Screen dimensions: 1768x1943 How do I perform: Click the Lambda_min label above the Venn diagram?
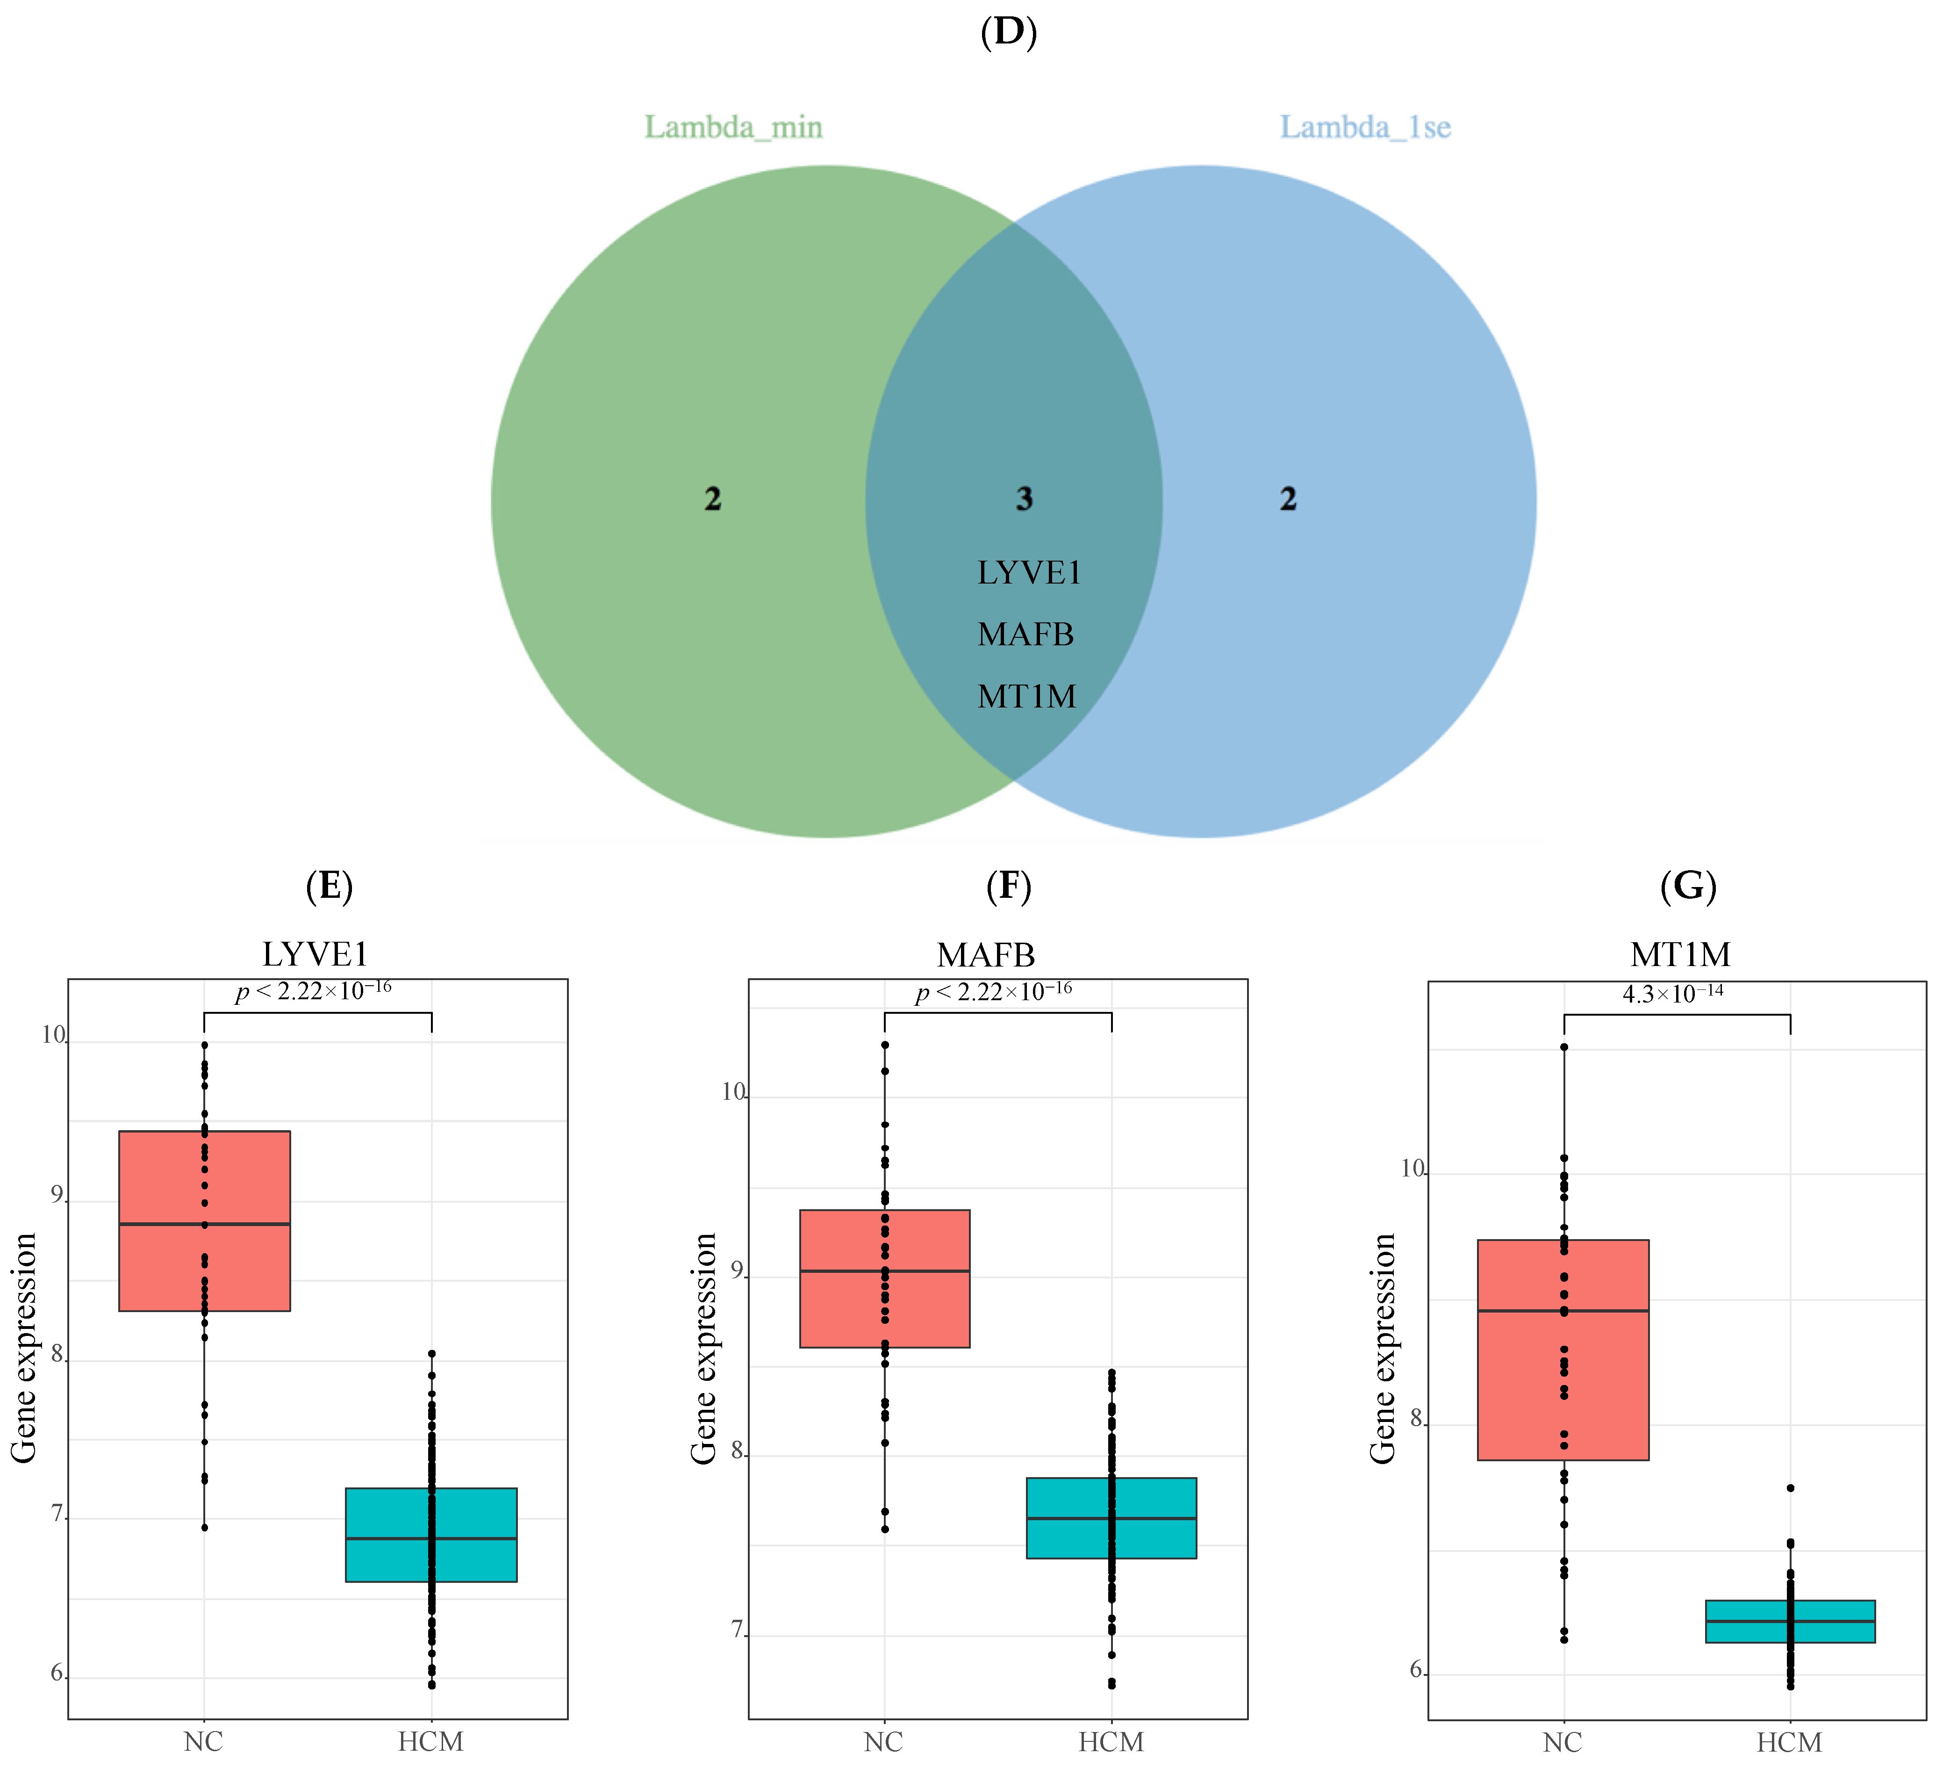pos(733,127)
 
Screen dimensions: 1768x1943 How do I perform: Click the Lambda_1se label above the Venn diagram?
pos(1365,127)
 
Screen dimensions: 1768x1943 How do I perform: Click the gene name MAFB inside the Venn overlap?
pos(1025,635)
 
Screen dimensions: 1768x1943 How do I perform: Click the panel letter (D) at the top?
pos(1008,32)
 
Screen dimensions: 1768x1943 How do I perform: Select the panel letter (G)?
pos(1688,885)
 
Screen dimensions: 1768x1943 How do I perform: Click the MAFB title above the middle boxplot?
pos(986,954)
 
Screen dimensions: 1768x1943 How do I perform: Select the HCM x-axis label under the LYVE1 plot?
pos(431,1741)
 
